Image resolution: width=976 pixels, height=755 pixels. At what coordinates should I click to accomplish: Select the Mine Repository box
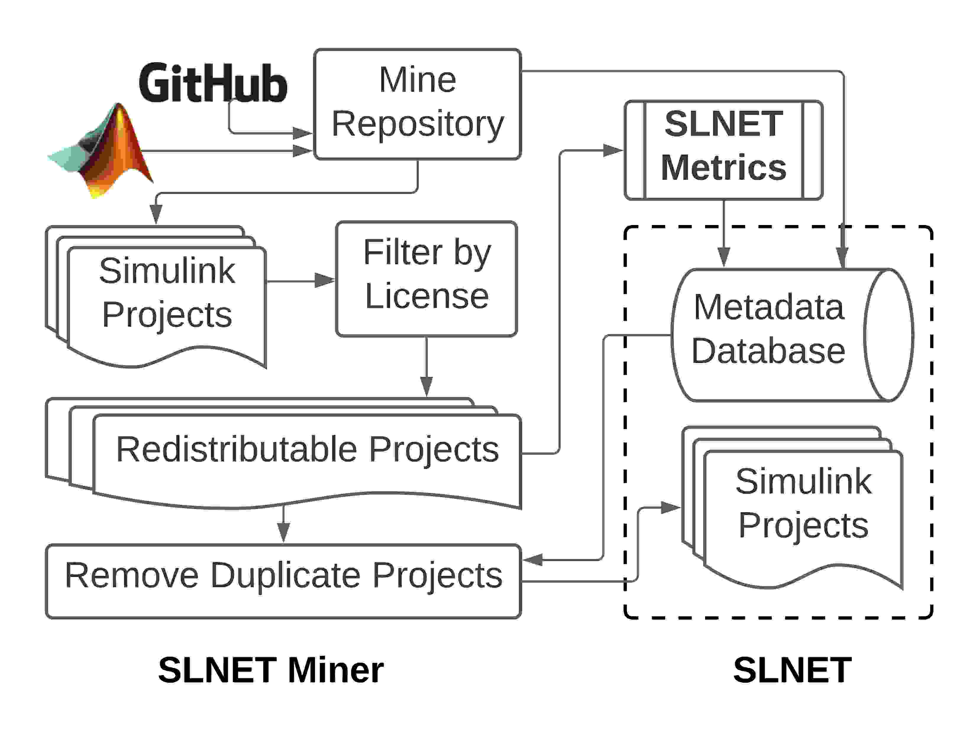[417, 104]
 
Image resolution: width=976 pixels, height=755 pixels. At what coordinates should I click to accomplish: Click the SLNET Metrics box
[723, 150]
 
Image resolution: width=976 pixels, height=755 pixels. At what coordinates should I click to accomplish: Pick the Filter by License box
[426, 279]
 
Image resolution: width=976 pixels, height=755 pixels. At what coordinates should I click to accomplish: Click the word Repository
[417, 124]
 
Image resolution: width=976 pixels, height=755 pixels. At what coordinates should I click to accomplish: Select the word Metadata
[769, 307]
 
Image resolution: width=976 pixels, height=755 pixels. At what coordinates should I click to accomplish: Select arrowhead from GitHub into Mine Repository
[302, 133]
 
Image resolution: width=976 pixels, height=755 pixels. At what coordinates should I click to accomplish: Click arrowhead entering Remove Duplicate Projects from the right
[533, 560]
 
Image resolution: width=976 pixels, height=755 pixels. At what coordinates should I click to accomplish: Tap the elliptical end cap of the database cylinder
[888, 335]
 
